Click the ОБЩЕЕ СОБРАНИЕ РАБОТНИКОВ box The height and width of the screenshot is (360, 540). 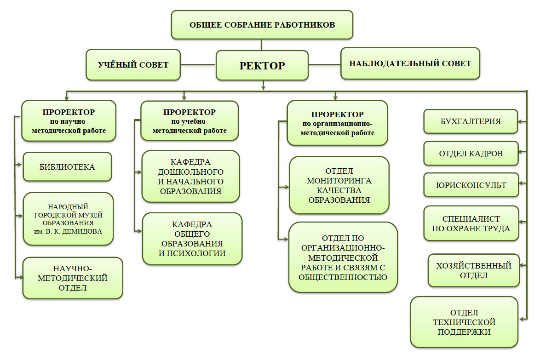pos(262,24)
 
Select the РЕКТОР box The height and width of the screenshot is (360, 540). pos(262,65)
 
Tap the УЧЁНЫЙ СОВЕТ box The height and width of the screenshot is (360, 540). pos(133,65)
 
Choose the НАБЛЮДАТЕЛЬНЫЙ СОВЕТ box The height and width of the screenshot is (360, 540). pos(410,63)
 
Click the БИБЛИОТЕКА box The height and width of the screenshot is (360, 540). pos(67,167)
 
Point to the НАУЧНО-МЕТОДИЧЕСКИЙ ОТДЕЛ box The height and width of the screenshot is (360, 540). pos(73,279)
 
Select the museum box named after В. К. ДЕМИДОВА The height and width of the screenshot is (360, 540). pos(68,218)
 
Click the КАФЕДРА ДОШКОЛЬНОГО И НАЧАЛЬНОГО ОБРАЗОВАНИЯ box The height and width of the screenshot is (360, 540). pos(190,177)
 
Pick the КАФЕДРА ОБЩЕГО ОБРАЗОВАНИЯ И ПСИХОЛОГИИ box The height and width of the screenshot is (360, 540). pos(192,239)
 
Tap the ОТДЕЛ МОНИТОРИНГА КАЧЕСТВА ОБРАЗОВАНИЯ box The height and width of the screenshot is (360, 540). pos(339,185)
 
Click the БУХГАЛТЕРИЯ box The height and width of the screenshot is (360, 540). pos(470,122)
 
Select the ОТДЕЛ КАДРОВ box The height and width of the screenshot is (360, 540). pos(471,154)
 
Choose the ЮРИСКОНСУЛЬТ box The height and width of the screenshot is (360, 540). pos(471,185)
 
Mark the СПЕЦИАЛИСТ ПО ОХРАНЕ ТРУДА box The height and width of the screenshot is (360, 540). pos(471,223)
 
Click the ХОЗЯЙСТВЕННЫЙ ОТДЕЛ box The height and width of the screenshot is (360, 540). pos(473,270)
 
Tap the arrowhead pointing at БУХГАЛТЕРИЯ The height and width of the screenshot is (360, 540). pos(522,122)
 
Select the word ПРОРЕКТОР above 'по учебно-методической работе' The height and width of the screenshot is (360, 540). pos(190,112)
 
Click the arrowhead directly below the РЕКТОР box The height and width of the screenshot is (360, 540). pos(263,86)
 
